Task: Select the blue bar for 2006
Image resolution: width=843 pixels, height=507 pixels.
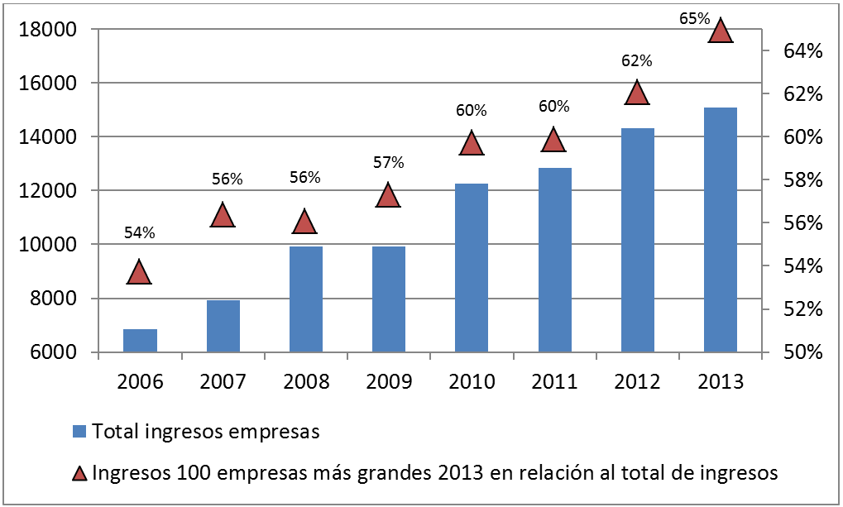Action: (x=140, y=340)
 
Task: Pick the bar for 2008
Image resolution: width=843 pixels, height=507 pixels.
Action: (x=305, y=299)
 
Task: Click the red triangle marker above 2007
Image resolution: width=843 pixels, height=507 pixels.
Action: (x=223, y=216)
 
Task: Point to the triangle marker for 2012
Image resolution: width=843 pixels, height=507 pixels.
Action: (x=636, y=93)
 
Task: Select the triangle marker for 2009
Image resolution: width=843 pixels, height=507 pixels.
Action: (x=388, y=196)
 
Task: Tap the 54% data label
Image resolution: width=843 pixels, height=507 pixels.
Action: (x=139, y=233)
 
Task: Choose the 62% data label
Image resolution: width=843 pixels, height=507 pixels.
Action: (x=636, y=60)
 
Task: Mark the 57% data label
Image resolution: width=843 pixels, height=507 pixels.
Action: (x=388, y=163)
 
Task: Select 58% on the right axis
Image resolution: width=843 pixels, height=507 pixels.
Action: (x=799, y=180)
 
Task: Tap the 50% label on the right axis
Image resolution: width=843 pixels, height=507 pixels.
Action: (x=799, y=352)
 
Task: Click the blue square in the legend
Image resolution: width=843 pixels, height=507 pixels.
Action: (x=79, y=431)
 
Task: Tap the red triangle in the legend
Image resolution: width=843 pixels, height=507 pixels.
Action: (x=79, y=474)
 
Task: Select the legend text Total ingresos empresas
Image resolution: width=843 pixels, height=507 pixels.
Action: (x=206, y=431)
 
